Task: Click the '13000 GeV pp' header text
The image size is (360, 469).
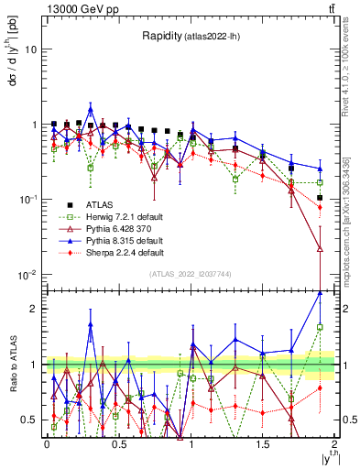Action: pos(76,8)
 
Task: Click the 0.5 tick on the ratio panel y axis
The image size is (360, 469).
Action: pos(31,420)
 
